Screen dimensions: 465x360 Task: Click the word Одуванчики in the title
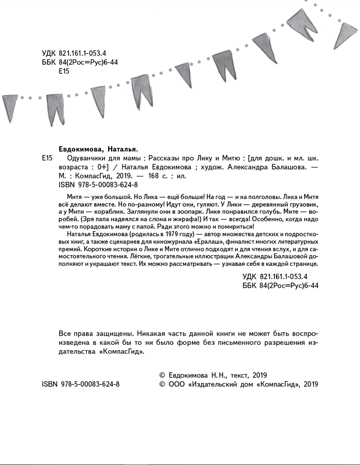(78, 158)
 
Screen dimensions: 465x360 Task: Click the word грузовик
(303, 205)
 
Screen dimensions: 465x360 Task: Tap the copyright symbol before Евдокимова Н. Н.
(162, 375)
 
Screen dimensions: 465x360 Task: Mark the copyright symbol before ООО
(162, 384)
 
